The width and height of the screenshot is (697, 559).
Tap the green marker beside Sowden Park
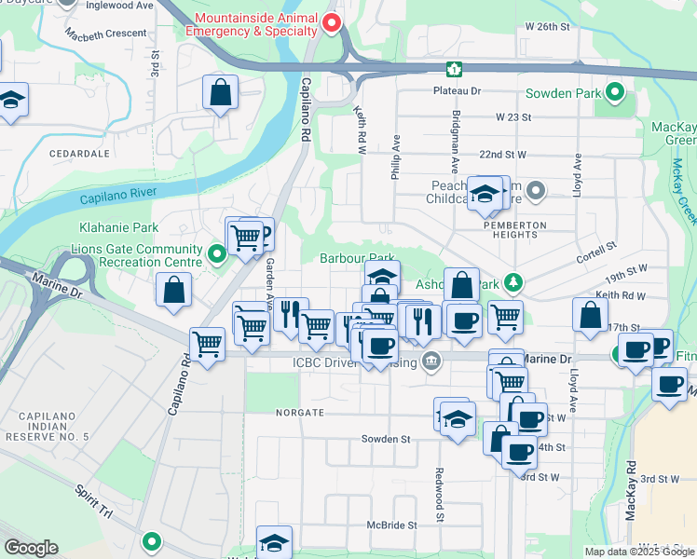tap(615, 93)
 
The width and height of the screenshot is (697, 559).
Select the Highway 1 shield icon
tap(454, 68)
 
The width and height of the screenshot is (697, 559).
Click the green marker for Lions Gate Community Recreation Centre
tap(216, 252)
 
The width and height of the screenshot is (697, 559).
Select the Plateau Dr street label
tap(456, 91)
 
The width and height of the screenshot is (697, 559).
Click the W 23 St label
tap(512, 117)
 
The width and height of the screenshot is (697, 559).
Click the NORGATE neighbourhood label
tap(299, 411)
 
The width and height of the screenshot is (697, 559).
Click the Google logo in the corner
tap(31, 548)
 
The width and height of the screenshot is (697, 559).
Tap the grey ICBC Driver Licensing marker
tap(430, 361)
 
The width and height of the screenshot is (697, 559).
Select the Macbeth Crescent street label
tap(105, 34)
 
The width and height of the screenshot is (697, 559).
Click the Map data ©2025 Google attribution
tap(639, 552)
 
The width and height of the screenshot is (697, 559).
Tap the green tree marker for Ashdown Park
tap(511, 281)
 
